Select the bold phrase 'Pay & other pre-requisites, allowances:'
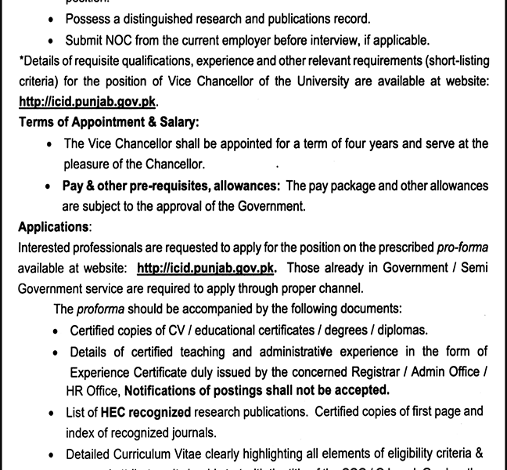pos(172,186)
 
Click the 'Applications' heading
pos(52,227)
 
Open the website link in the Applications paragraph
pos(206,268)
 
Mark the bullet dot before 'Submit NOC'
pos(51,41)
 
